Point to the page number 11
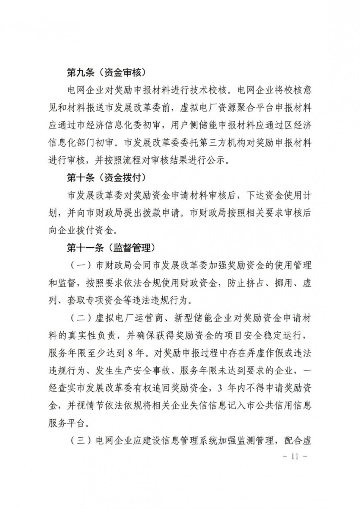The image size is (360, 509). click(295, 457)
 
